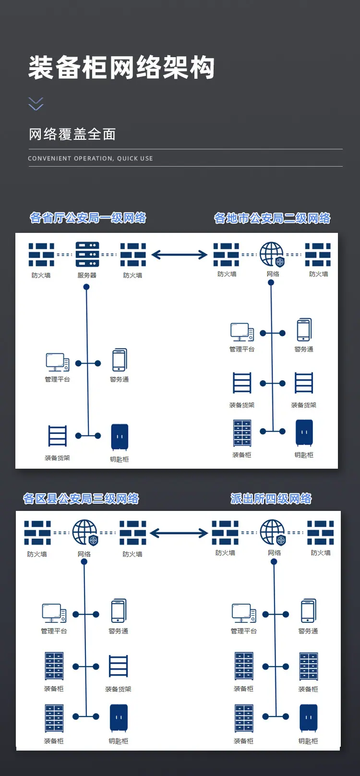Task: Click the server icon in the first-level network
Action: pos(87,255)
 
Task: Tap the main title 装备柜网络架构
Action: pos(121,67)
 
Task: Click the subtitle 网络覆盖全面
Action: pos(72,134)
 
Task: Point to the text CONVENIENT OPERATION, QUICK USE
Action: pos(90,158)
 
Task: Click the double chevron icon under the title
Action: pos(36,104)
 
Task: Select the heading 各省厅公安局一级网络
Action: pos(88,218)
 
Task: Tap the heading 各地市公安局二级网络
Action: pos(272,218)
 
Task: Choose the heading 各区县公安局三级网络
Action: pos(81,498)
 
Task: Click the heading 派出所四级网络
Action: pos(271,498)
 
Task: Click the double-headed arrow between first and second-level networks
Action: pos(180,255)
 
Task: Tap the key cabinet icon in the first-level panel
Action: pos(120,436)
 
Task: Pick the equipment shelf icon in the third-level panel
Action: pos(119,666)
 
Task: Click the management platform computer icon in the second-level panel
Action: pos(242,332)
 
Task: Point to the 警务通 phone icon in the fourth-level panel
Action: pos(309,610)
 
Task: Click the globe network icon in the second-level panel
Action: pos(272,255)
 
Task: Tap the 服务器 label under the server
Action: pos(87,276)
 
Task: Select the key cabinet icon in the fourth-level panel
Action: pos(309,718)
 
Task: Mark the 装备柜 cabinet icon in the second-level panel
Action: pos(242,433)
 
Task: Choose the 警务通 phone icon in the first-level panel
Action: pos(120,360)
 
